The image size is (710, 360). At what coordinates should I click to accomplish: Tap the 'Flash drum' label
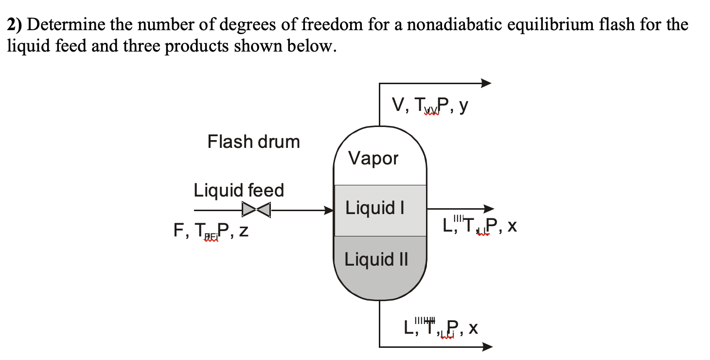tap(253, 142)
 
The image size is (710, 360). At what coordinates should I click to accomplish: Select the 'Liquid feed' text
tap(239, 190)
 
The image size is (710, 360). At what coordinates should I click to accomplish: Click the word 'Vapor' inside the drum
tap(373, 159)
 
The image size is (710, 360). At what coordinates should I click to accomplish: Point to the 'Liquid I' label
tap(376, 208)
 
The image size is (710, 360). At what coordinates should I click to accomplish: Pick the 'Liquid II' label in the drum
tap(377, 259)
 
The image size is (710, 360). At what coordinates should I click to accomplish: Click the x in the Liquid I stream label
tap(511, 227)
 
